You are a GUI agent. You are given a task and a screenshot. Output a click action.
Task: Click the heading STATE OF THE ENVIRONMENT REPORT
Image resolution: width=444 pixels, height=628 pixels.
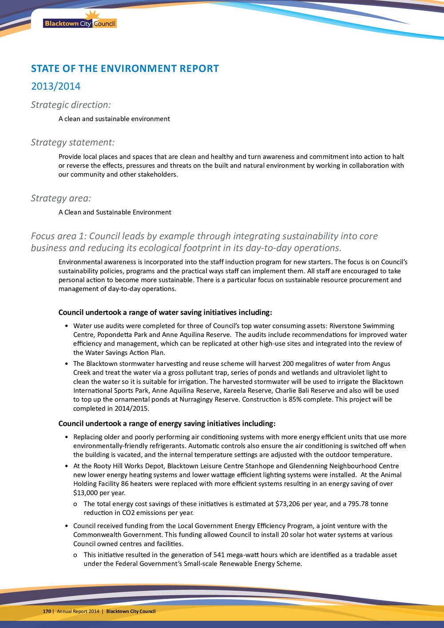tap(125, 68)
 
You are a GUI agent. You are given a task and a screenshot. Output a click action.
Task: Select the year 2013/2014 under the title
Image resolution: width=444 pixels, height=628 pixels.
tap(55, 86)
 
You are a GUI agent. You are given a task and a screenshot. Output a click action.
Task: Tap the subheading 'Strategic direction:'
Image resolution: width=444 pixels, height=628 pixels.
tap(71, 105)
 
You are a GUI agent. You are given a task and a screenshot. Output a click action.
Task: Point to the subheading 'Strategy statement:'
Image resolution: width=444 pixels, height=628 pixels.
tap(72, 142)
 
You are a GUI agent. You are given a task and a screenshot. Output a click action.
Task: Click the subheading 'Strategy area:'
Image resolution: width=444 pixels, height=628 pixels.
tap(61, 198)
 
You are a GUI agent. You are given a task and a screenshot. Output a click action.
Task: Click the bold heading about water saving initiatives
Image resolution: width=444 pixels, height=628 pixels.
tap(165, 312)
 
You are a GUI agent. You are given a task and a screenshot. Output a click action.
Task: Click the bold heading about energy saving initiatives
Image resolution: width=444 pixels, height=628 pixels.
tap(167, 423)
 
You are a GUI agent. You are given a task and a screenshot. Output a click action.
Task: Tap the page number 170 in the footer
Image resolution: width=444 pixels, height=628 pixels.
tap(47, 611)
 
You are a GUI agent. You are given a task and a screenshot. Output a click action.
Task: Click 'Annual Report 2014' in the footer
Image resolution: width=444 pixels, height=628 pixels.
tap(78, 611)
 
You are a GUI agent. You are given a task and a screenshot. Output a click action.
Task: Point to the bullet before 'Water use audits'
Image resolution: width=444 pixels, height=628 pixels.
tap(66, 326)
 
